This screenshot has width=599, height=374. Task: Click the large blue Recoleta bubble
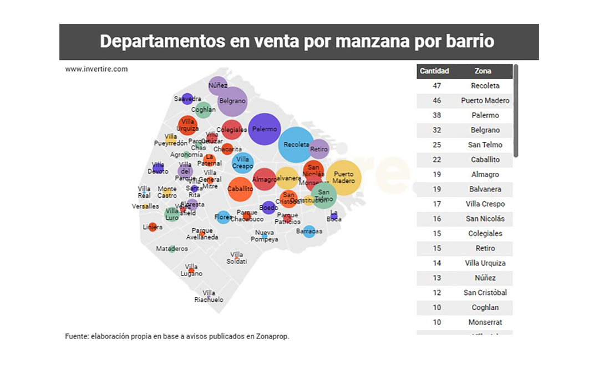[x=296, y=145]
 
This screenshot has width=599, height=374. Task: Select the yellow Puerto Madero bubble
[x=344, y=178]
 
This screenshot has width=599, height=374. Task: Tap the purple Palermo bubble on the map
[x=265, y=129]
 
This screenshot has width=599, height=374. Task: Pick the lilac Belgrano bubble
[x=232, y=101]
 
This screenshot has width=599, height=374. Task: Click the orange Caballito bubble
[x=240, y=189]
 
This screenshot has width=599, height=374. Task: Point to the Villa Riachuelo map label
[x=209, y=296]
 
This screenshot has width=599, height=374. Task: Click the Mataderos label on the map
[x=172, y=249]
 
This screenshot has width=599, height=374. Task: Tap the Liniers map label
[x=153, y=227]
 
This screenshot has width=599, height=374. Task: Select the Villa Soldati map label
[x=237, y=258]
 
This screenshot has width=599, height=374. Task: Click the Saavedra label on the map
[x=187, y=99]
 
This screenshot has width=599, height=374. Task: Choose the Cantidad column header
[x=434, y=71]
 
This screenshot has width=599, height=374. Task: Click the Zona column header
[x=483, y=71]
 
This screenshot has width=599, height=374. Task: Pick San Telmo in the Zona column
[x=485, y=145]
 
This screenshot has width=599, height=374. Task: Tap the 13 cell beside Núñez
[x=437, y=278]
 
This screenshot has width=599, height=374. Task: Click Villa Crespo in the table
[x=485, y=204]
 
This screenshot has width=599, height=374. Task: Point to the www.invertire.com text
[x=97, y=69]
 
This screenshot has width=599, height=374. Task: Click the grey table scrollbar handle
[x=516, y=111]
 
